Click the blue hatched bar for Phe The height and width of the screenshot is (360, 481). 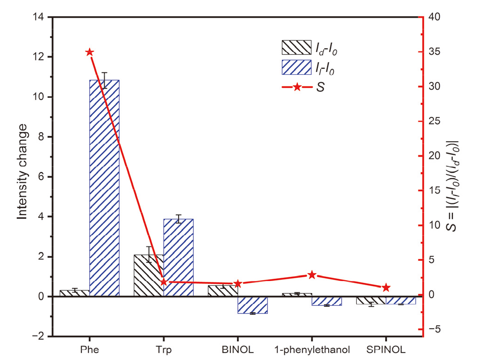tap(104, 187)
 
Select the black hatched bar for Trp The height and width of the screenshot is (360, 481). tap(149, 275)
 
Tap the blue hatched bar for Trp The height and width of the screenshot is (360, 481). tap(178, 257)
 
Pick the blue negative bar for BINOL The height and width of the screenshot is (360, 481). tap(252, 305)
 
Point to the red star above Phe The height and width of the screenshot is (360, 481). tap(90, 52)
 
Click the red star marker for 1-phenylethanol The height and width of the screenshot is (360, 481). tap(312, 275)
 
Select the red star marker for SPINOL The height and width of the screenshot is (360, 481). tap(386, 288)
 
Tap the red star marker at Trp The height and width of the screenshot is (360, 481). tap(164, 282)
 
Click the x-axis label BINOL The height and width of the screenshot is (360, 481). tap(237, 349)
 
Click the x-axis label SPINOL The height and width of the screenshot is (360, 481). tap(386, 349)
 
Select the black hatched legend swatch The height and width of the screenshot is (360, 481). tap(296, 47)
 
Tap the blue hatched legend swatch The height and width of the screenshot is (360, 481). tap(296, 67)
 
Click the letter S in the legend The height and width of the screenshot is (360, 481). tap(320, 87)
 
